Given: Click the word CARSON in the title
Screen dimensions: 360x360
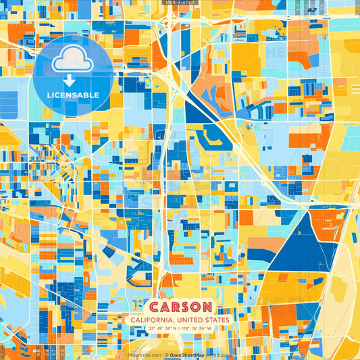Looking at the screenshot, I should click(x=180, y=307).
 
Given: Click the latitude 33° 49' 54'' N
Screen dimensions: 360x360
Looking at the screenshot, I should click(x=161, y=329).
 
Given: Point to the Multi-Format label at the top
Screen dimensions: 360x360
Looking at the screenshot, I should click(x=180, y=3).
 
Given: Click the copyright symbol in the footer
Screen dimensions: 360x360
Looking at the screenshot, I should click(x=166, y=355).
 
